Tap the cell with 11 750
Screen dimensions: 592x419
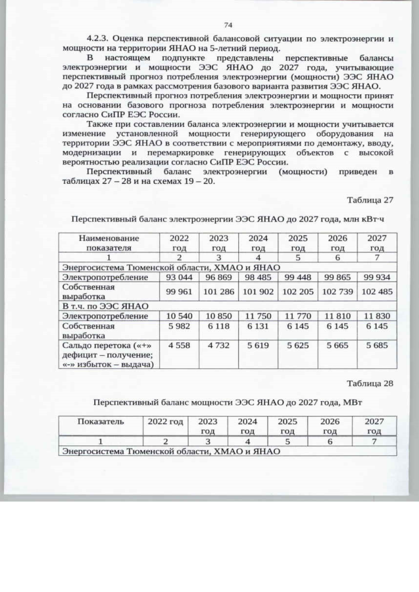[x=258, y=315]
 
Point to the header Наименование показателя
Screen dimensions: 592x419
[x=109, y=243]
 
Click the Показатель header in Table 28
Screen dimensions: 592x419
[x=101, y=423]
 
